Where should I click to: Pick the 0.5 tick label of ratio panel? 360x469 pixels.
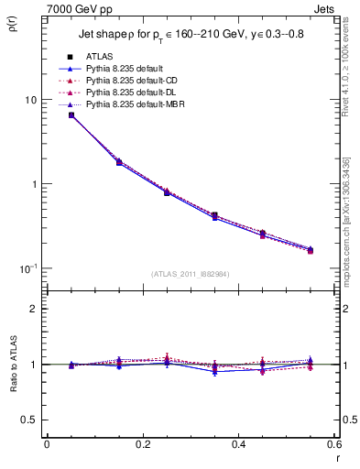[29, 420]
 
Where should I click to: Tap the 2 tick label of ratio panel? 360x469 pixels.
[34, 309]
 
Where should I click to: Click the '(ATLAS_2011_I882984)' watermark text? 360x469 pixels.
[190, 274]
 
